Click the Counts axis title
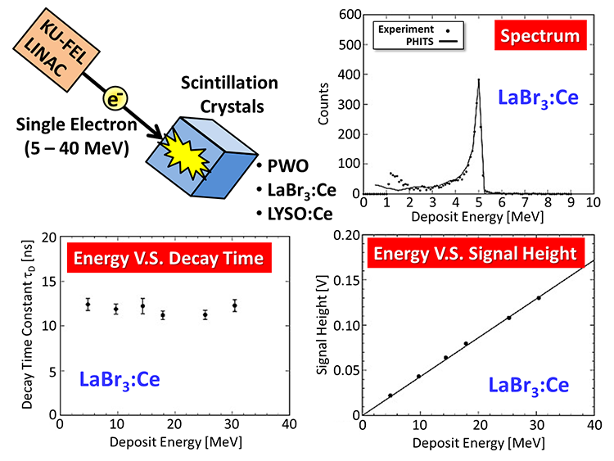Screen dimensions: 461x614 point(325,102)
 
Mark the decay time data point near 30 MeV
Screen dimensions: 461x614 point(234,305)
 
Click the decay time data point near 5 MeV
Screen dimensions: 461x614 point(88,305)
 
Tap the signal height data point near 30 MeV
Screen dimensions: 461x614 point(538,298)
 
